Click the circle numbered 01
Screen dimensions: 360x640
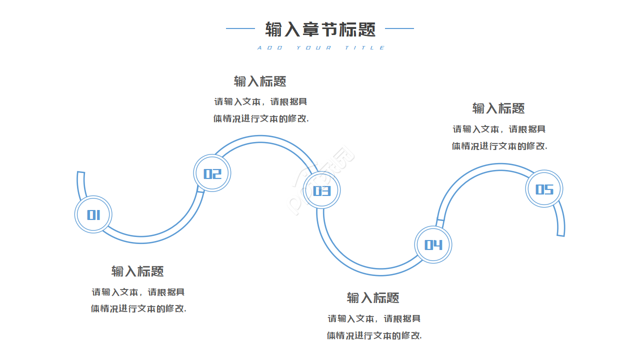pyautogui.click(x=93, y=214)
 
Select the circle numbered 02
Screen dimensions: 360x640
pyautogui.click(x=212, y=173)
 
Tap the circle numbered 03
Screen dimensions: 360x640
pyautogui.click(x=322, y=190)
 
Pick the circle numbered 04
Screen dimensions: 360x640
pyautogui.click(x=433, y=244)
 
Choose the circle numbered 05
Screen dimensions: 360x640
pyautogui.click(x=544, y=189)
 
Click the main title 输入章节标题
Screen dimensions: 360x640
pyautogui.click(x=320, y=29)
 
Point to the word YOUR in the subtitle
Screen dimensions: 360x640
pyautogui.click(x=313, y=48)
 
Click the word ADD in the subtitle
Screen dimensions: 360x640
pyautogui.click(x=270, y=48)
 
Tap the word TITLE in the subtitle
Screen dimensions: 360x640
pyautogui.click(x=365, y=48)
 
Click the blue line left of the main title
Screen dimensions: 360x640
pyautogui.click(x=240, y=28)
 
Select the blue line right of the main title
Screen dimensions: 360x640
pyautogui.click(x=399, y=28)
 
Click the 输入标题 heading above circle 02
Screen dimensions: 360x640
pyautogui.click(x=260, y=81)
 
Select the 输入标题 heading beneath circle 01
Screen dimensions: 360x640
pyautogui.click(x=137, y=271)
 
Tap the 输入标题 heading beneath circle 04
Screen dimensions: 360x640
pyautogui.click(x=373, y=297)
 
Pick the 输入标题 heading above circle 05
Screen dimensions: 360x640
pyautogui.click(x=498, y=108)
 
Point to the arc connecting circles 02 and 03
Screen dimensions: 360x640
pyautogui.click(x=260, y=139)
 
